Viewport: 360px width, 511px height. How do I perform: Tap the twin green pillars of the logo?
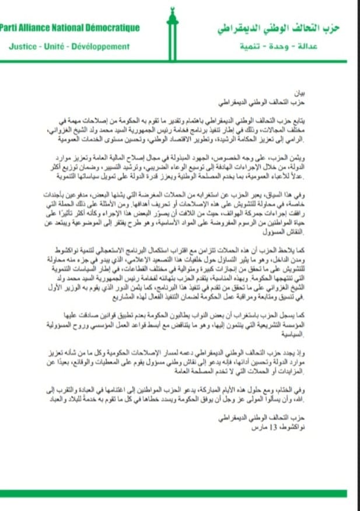172,41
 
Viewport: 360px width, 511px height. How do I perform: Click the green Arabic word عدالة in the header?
327,46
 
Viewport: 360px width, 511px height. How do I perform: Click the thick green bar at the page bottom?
180,493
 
